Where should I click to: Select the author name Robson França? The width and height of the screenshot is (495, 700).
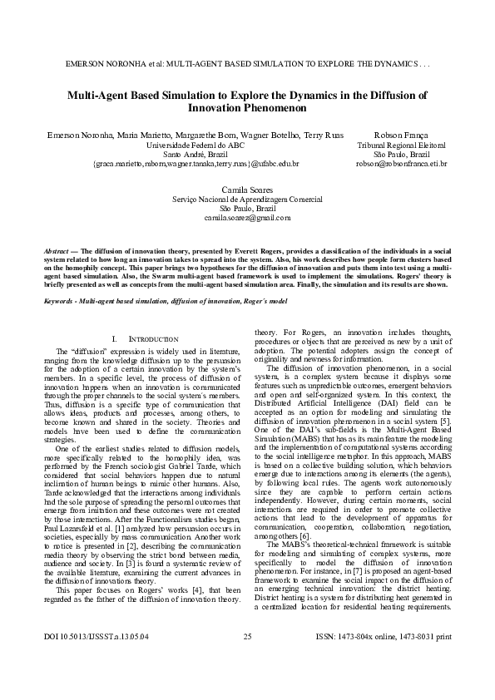(401, 134)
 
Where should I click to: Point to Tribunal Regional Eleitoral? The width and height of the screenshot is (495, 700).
(401, 145)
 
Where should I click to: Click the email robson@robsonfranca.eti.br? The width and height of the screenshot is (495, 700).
(401, 164)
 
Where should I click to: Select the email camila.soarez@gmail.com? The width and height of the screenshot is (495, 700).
(247, 218)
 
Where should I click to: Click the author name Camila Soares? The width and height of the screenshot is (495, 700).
(247, 190)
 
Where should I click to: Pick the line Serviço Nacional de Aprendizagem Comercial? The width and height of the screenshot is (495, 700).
(247, 200)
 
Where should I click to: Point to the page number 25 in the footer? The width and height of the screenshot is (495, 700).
(247, 660)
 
